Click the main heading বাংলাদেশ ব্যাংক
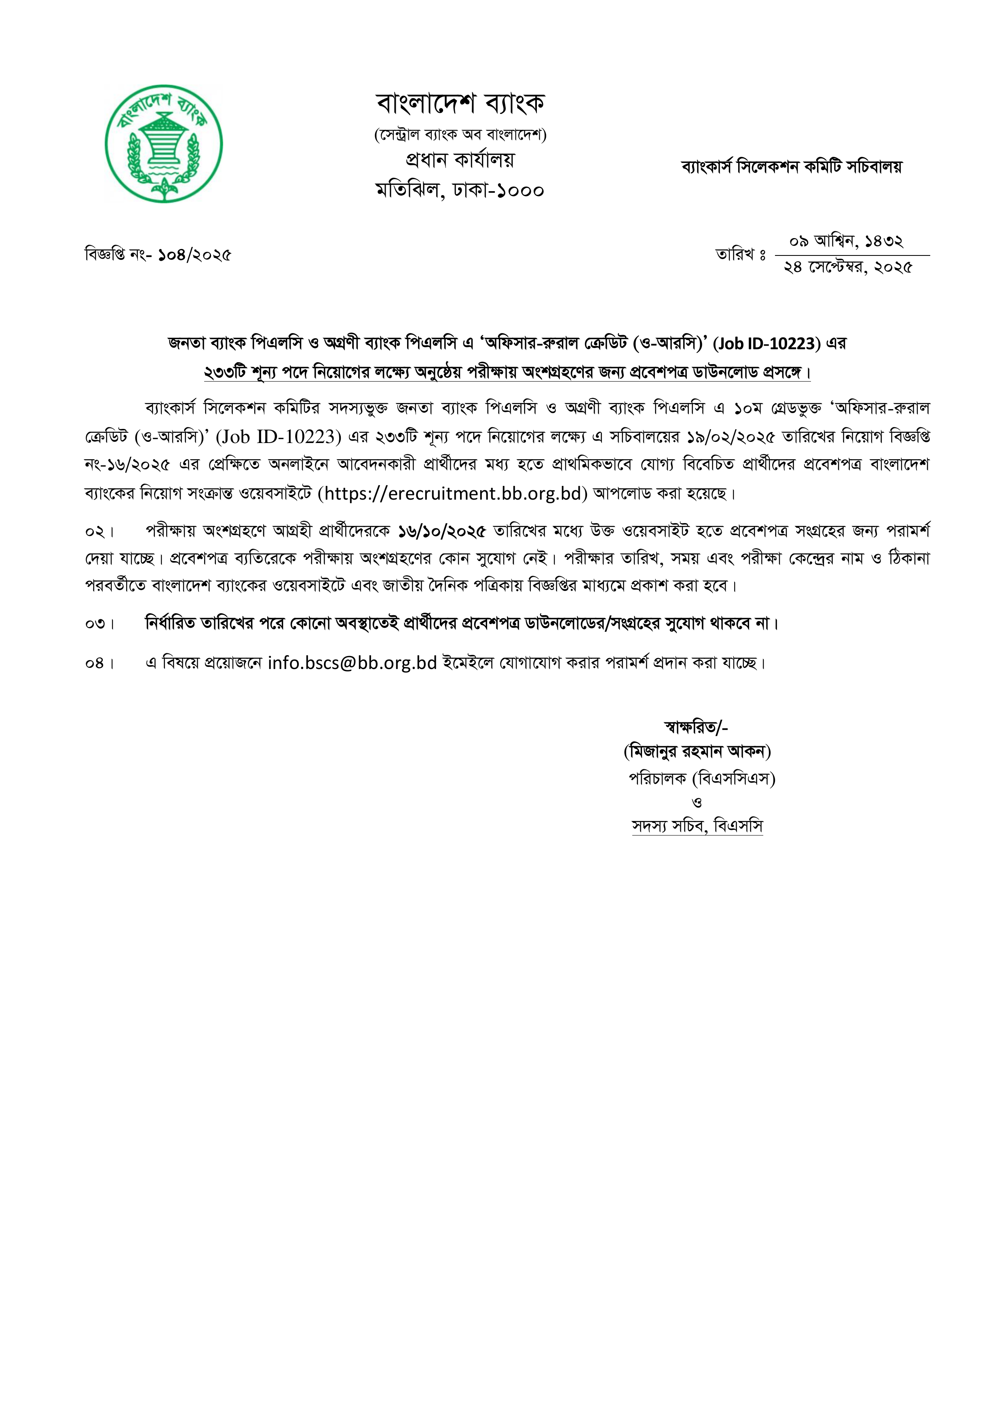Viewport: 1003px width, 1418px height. pyautogui.click(x=460, y=103)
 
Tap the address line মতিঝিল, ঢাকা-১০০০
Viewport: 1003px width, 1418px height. pyautogui.click(x=460, y=190)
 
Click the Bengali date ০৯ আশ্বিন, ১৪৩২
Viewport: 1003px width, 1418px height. pyautogui.click(x=846, y=241)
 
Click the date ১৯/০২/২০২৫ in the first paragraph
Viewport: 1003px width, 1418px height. pyautogui.click(x=731, y=437)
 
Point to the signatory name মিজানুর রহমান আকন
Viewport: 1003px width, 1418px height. pyautogui.click(x=697, y=751)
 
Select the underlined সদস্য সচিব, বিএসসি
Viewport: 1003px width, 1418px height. pyautogui.click(x=697, y=826)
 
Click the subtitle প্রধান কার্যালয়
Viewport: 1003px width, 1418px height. pyautogui.click(x=460, y=160)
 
